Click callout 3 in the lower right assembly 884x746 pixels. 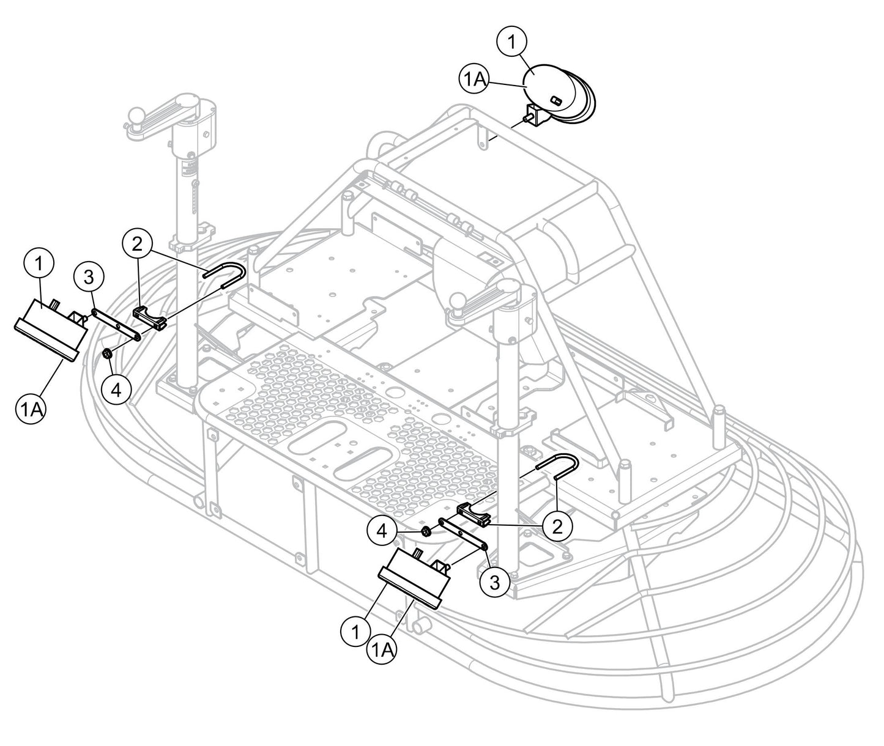tap(494, 583)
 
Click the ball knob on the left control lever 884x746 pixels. tap(136, 116)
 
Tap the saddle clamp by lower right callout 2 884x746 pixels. tap(475, 513)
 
